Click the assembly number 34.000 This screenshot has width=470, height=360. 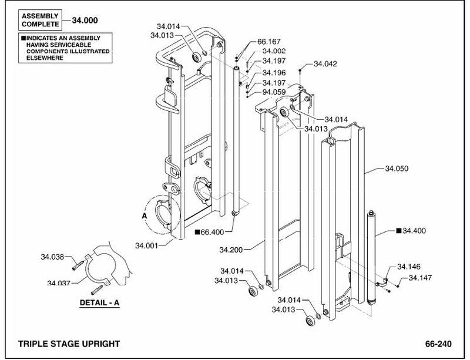point(85,21)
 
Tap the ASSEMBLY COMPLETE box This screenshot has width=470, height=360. point(40,20)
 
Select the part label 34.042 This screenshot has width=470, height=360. point(325,64)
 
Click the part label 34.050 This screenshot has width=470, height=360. point(397,169)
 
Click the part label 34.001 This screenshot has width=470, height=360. point(146,245)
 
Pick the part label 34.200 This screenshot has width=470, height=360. point(231,250)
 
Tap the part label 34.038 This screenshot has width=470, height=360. point(52,257)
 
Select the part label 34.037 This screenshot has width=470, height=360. point(59,282)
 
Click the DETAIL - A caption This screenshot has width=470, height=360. point(99,303)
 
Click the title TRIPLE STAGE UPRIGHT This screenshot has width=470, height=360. point(69,344)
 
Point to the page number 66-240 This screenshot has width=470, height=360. point(438,344)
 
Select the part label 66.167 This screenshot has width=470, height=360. point(269,42)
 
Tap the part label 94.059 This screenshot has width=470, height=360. point(274,92)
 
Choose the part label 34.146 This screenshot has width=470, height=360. point(409,267)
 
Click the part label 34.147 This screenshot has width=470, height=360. point(420,278)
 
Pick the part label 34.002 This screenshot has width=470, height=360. point(274,51)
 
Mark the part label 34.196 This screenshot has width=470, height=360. point(274,73)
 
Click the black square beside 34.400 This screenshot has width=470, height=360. point(399,231)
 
